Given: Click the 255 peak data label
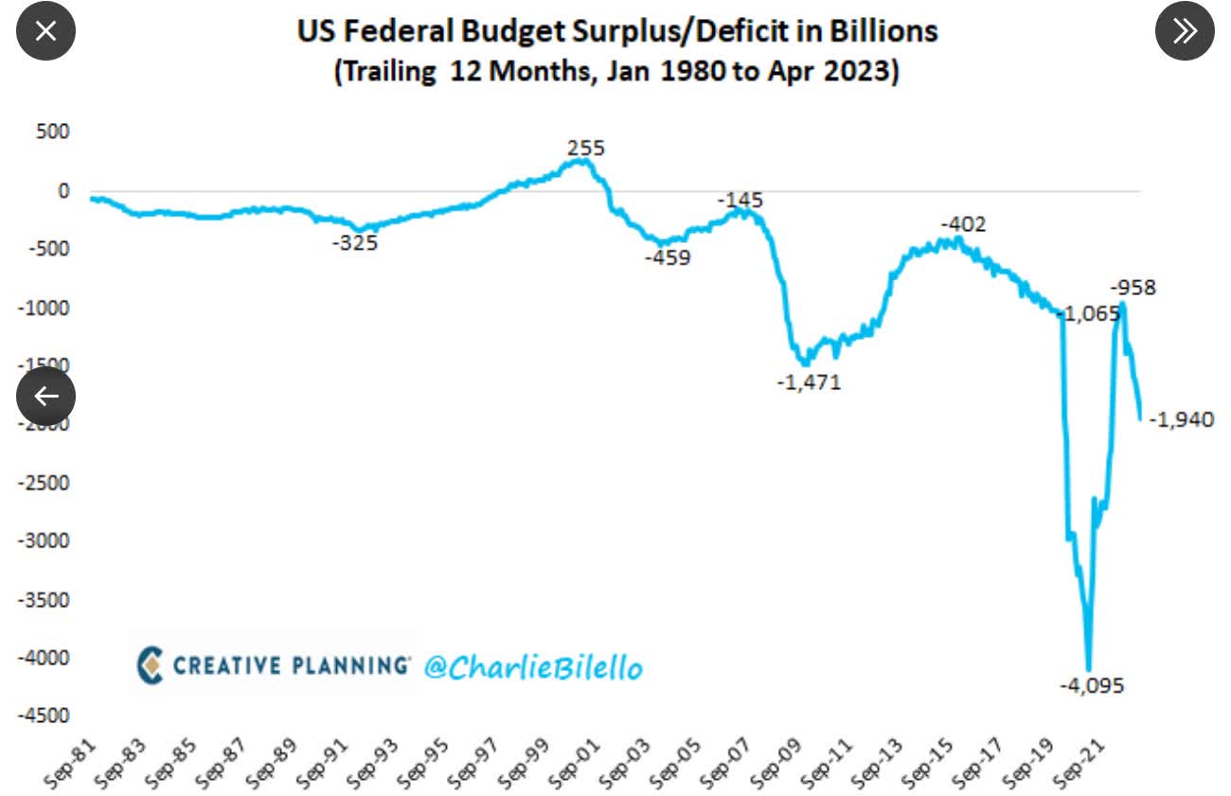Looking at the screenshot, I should pos(585,148).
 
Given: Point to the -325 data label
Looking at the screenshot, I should pos(355,243).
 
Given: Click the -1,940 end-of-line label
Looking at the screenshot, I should pos(1181,419).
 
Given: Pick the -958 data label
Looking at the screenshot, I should pos(1133,287).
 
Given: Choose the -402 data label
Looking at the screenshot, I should pos(963,224).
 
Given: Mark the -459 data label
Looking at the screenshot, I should pos(668,257).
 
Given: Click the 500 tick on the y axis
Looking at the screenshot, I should pos(54,132).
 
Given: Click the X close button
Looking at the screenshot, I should pos(45,30).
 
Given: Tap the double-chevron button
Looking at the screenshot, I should pos(1185,30).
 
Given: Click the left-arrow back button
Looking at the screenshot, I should pos(45,396).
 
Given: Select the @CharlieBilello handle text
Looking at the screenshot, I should pos(533,667).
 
